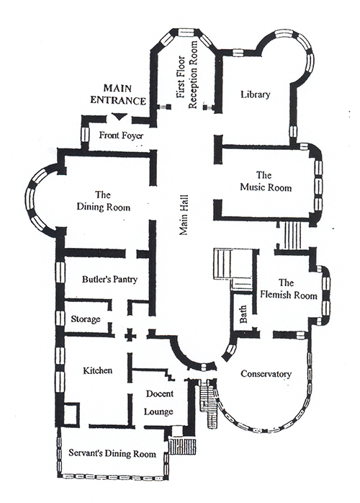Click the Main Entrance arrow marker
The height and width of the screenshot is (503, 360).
click(119, 117)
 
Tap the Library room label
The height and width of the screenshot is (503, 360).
click(256, 94)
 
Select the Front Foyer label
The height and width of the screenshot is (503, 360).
click(121, 135)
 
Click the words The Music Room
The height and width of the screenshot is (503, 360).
click(266, 181)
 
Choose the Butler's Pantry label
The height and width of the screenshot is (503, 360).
click(109, 279)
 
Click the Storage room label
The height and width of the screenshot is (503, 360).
click(86, 319)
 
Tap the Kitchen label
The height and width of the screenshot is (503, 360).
click(98, 370)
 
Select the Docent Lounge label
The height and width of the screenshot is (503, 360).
click(159, 402)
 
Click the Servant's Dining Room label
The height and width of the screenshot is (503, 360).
click(112, 453)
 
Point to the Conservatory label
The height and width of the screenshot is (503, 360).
click(266, 374)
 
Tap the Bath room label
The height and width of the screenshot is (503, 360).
click(243, 314)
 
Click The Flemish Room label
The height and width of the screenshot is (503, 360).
click(288, 289)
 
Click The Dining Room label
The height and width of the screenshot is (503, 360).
click(104, 201)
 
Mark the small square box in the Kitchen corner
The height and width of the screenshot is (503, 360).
click(71, 414)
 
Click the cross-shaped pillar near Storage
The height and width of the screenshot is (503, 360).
click(130, 336)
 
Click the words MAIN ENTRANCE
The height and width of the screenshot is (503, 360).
click(117, 94)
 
